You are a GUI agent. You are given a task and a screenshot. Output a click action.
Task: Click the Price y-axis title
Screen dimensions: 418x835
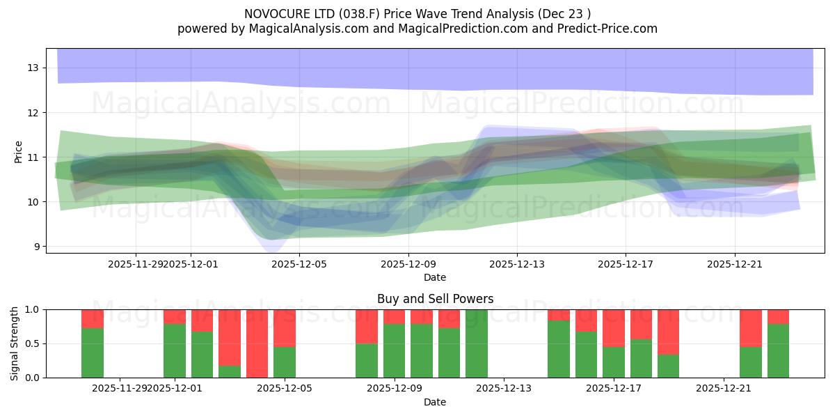tap(19, 152)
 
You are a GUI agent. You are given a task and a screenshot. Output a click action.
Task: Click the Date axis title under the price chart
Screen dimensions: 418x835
tap(435, 277)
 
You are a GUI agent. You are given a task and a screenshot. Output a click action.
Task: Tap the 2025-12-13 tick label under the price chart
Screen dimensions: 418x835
tap(517, 264)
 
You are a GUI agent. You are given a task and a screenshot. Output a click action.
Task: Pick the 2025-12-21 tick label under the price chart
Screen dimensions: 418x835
tap(735, 264)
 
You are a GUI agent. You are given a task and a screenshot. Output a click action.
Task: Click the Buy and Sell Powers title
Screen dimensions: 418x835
tap(435, 299)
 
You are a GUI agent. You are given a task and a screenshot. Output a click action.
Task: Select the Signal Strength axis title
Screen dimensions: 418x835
tap(15, 343)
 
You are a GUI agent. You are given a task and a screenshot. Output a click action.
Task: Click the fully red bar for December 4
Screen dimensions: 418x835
tap(257, 343)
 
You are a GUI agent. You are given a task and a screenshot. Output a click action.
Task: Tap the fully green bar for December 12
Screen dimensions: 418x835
tap(477, 343)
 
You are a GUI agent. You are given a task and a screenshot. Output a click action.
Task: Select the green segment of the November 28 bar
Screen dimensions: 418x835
tap(93, 353)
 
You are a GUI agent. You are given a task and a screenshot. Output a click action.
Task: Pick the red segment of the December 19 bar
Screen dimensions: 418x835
tap(668, 332)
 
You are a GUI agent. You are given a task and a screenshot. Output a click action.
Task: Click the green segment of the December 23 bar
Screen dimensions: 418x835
tap(778, 351)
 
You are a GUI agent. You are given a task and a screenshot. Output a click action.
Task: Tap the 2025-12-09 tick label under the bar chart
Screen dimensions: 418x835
tap(394, 388)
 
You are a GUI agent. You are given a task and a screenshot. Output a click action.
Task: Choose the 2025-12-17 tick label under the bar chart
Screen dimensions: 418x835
tap(614, 388)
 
